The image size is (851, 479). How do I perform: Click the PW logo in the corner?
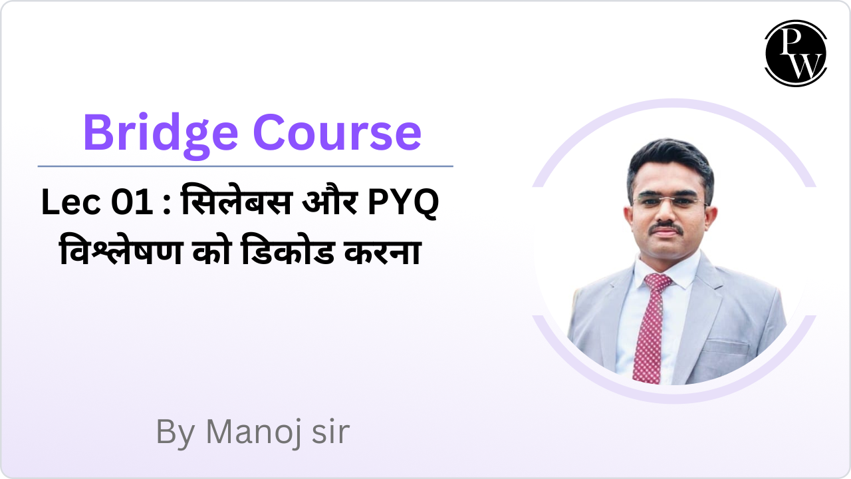795,53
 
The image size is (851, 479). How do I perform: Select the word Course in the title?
337,132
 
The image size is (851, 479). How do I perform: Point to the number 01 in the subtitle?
133,203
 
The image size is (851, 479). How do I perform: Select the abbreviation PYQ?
403,203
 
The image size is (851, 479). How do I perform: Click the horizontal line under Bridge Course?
245,166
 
